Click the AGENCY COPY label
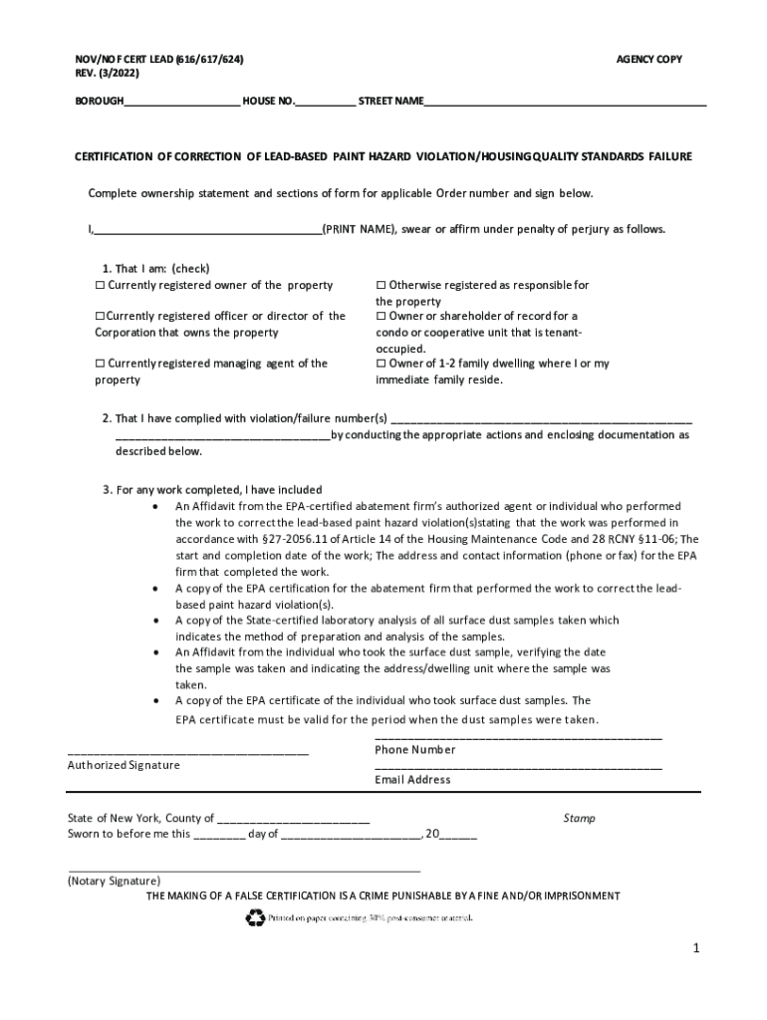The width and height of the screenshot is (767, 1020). point(649,60)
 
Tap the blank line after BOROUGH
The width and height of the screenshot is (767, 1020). point(182,102)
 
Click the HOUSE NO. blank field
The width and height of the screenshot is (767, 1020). point(325,102)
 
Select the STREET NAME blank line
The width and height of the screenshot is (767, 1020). point(565,102)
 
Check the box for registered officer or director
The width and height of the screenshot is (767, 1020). point(100,317)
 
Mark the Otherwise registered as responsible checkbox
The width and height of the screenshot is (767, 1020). point(381,286)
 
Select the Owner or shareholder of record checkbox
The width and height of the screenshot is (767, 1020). point(381,317)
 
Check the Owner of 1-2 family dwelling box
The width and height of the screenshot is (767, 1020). point(381,365)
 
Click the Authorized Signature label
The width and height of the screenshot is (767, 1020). point(124,765)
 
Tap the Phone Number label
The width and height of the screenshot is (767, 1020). point(415,750)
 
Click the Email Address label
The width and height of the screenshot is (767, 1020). point(412,780)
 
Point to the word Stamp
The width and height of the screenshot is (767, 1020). point(579,819)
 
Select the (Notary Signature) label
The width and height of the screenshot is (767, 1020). point(114,882)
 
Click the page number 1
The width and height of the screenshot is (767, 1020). point(698,949)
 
